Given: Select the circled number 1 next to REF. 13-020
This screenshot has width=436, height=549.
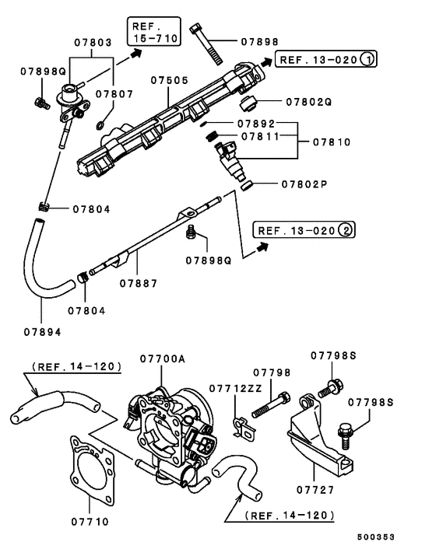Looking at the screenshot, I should click(368, 58).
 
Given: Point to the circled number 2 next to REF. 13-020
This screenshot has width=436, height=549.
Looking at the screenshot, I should click(346, 230).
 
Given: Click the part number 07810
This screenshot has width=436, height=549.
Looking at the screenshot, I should click(332, 142).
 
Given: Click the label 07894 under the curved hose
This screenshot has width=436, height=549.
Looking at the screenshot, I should click(42, 332).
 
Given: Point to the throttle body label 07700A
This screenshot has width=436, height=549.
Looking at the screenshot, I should click(163, 358).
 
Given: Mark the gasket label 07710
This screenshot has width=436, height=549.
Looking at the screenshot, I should click(90, 521).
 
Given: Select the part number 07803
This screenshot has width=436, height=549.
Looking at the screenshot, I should click(94, 42).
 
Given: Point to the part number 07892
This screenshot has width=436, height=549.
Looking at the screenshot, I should click(259, 122).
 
